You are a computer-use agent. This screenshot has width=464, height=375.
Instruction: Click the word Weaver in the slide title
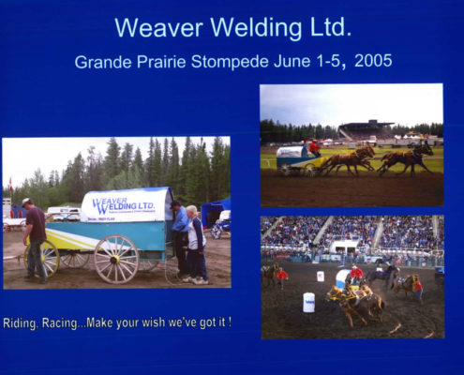click(158, 27)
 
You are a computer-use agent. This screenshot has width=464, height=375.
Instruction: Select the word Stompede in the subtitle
click(230, 62)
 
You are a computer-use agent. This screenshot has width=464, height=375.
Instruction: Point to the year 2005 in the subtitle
click(373, 61)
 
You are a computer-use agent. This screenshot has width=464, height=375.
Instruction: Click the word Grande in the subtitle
click(103, 62)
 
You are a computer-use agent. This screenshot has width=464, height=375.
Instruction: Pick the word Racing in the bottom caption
click(59, 323)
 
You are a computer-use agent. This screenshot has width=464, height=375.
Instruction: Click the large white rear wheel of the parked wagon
click(116, 259)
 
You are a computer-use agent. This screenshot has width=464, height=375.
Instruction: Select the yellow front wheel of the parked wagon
click(44, 258)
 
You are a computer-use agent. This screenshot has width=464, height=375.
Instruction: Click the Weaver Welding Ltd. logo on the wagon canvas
click(123, 205)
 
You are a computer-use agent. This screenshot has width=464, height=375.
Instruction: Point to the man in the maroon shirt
click(35, 240)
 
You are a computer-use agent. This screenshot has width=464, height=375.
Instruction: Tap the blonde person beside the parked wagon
click(196, 245)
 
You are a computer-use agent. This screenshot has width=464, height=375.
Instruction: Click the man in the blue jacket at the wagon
click(179, 237)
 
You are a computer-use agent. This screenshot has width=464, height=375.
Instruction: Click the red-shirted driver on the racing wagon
click(314, 148)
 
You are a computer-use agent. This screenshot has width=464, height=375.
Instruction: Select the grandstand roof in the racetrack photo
click(367, 124)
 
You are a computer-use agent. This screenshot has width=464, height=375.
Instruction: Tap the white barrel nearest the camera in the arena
click(308, 302)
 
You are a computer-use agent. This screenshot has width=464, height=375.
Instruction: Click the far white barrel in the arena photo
click(321, 277)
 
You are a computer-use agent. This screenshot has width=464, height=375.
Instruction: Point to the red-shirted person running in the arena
click(282, 277)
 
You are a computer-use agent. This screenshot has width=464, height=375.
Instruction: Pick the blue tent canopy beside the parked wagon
click(216, 211)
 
